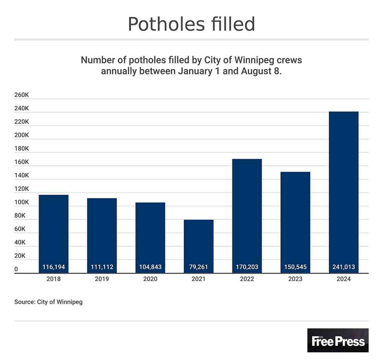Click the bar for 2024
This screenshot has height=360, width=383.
coord(344,192)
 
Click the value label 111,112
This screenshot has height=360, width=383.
coord(102,267)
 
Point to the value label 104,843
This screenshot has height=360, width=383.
coord(150,267)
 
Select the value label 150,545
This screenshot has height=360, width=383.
coord(295,267)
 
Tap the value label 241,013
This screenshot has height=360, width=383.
coord(344,267)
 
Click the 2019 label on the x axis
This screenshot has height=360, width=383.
coord(102,279)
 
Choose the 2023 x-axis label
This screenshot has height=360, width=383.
coord(295,279)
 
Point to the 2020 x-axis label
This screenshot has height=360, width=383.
coord(150,279)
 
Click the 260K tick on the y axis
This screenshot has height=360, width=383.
coord(21,95)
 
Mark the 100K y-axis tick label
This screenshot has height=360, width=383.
coord(21,202)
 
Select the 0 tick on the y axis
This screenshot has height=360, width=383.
coord(16,270)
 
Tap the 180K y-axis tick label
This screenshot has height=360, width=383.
coord(21,149)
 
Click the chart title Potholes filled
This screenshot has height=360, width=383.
coord(191,24)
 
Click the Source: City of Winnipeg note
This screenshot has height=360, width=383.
coord(48,302)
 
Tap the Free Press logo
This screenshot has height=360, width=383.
coord(338,340)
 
